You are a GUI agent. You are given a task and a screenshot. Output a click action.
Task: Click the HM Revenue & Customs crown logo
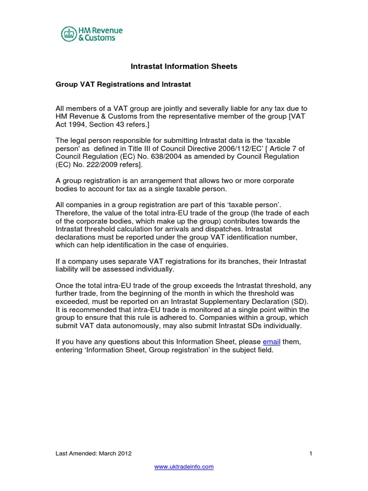69,34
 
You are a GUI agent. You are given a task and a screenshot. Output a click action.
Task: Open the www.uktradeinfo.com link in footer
184,467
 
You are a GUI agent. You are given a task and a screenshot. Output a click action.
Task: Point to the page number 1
310,453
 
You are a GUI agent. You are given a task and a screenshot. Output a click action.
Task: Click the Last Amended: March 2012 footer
93,453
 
